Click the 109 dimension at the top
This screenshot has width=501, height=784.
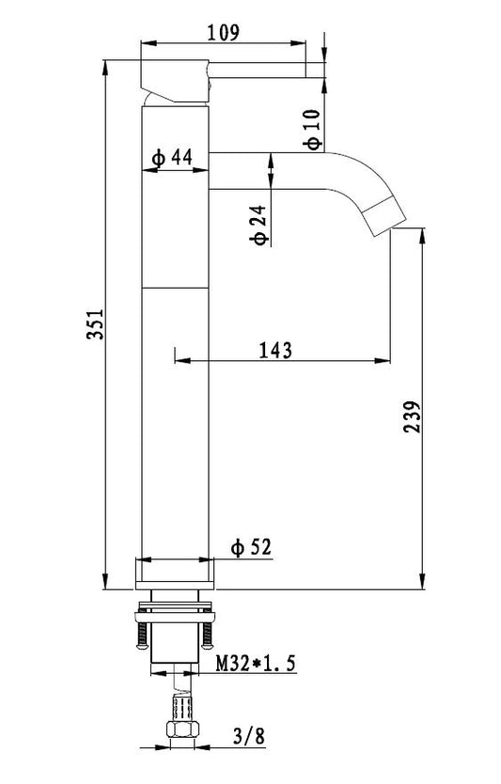224,33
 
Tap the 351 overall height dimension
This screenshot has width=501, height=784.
96,324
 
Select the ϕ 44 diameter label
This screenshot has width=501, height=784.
173,158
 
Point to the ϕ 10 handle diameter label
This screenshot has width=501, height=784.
313,130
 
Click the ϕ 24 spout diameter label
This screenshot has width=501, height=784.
259,225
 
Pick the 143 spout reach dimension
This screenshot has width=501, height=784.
275,350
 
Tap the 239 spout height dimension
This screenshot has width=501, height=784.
413,416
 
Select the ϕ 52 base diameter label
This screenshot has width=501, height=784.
251,547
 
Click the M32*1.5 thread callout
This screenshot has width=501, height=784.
256,664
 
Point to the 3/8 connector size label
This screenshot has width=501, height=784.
249,736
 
